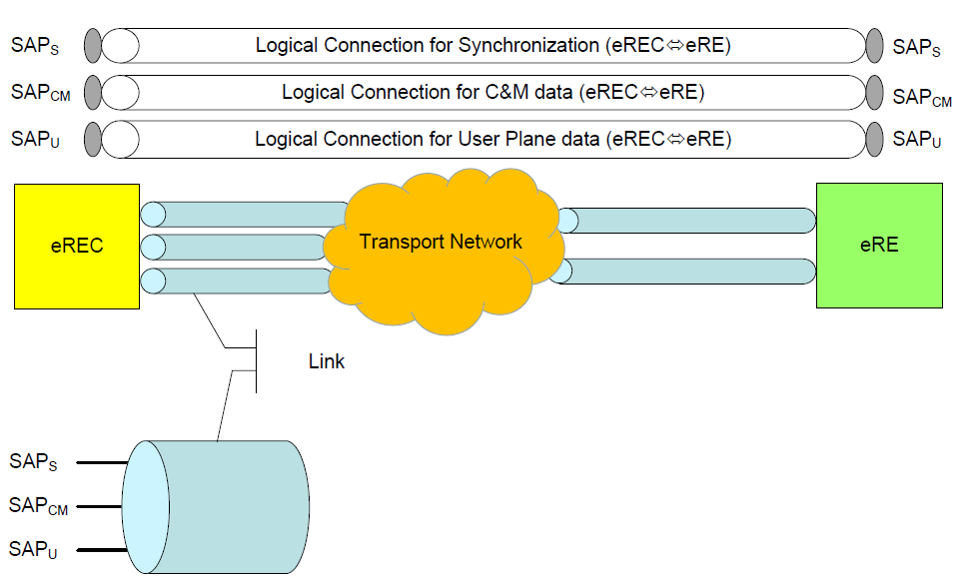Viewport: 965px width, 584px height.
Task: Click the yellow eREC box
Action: pyautogui.click(x=76, y=245)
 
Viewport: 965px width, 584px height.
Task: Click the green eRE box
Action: pyautogui.click(x=879, y=245)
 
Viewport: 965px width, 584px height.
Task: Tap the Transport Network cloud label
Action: pyautogui.click(x=441, y=242)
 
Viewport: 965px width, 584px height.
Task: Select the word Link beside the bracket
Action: pyautogui.click(x=326, y=361)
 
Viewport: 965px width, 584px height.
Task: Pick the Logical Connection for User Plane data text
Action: pyautogui.click(x=493, y=140)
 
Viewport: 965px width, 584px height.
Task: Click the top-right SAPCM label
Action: pyautogui.click(x=922, y=97)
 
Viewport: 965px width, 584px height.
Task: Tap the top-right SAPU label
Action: pyautogui.click(x=917, y=141)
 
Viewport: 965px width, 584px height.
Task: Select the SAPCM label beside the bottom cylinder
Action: pyautogui.click(x=38, y=506)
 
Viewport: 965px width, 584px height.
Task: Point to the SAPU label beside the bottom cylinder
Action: pyautogui.click(x=33, y=549)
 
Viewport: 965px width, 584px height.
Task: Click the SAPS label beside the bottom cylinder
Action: pyautogui.click(x=33, y=462)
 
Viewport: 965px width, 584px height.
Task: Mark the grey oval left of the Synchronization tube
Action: pyautogui.click(x=93, y=45)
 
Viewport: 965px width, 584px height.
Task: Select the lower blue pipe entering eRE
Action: pyautogui.click(x=689, y=271)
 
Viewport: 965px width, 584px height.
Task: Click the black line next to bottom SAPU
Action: pyautogui.click(x=100, y=550)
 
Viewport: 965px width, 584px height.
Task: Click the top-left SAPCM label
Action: pyautogui.click(x=39, y=93)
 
